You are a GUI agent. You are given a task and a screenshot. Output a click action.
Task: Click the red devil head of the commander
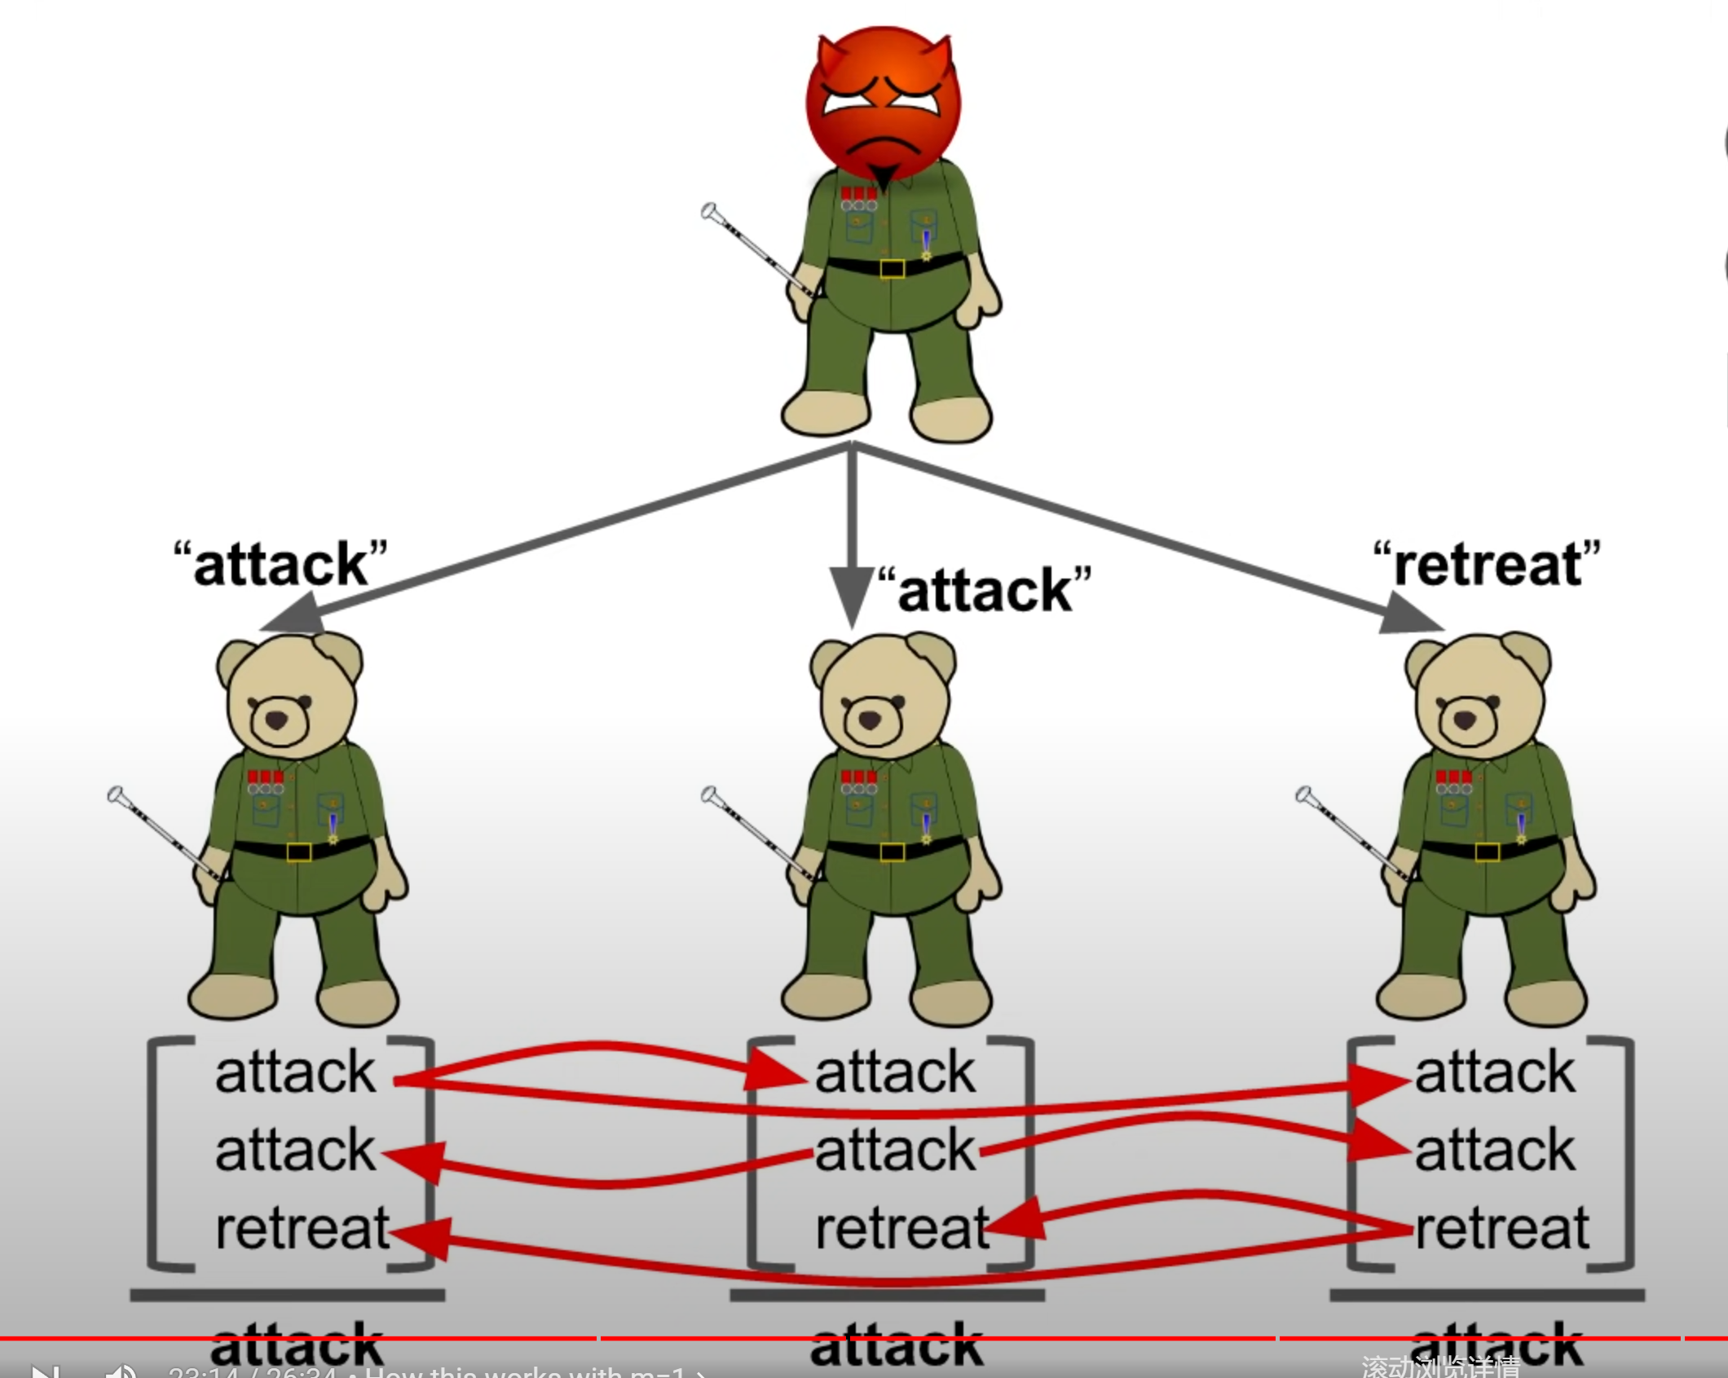pyautogui.click(x=884, y=103)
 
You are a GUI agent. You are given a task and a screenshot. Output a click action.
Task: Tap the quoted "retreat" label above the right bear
pyautogui.click(x=1487, y=564)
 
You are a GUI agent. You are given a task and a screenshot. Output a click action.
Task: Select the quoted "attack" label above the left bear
pyautogui.click(x=280, y=564)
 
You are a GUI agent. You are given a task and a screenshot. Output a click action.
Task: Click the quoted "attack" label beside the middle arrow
pyautogui.click(x=985, y=590)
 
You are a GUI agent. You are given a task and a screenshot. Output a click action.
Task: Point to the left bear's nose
pyautogui.click(x=277, y=720)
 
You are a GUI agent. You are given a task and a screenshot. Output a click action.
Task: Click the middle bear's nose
pyautogui.click(x=871, y=720)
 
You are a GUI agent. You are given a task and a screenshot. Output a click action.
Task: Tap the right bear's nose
pyautogui.click(x=1465, y=720)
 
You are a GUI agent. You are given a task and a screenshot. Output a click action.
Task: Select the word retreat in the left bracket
pyautogui.click(x=302, y=1228)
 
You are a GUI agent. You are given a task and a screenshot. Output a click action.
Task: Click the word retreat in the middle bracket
pyautogui.click(x=901, y=1228)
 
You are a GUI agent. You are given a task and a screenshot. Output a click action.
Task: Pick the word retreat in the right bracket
pyautogui.click(x=1501, y=1228)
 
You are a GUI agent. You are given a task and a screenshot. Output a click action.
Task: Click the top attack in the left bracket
pyautogui.click(x=295, y=1072)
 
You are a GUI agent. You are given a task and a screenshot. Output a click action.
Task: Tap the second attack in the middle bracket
pyautogui.click(x=895, y=1150)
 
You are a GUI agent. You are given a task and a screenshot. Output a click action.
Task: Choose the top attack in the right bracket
pyautogui.click(x=1495, y=1072)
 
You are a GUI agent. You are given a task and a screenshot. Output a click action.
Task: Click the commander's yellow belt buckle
pyautogui.click(x=892, y=268)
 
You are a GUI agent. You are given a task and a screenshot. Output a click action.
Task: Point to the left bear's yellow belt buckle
pyautogui.click(x=298, y=852)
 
